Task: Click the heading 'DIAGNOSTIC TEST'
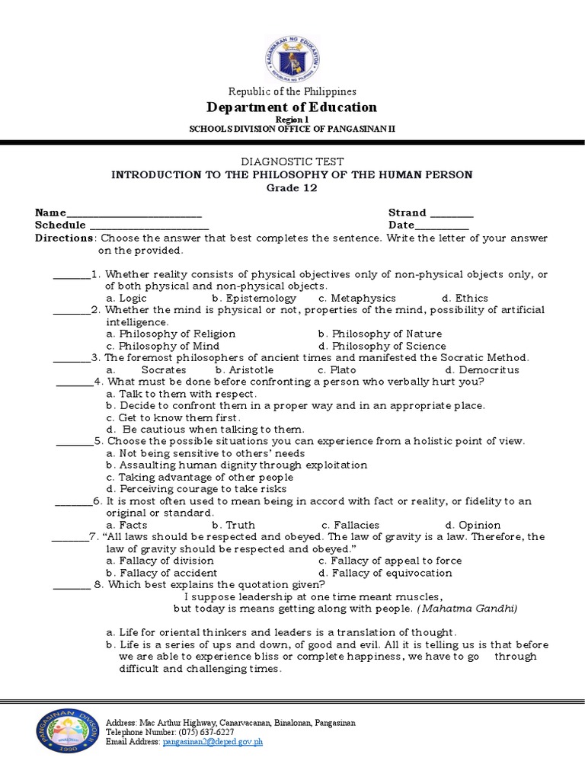tap(292, 161)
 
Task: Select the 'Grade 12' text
tap(292, 188)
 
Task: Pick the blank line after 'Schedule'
tap(149, 226)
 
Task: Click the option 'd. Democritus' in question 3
tap(482, 370)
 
